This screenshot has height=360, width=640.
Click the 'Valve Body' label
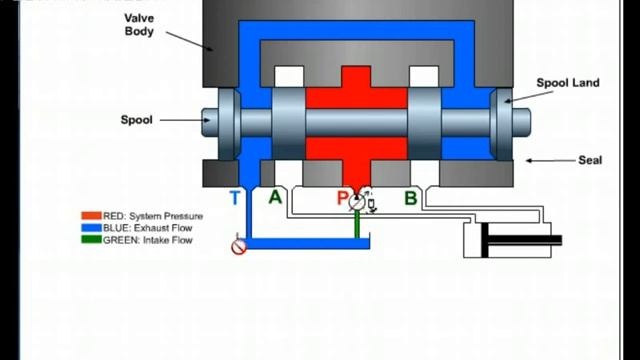139,24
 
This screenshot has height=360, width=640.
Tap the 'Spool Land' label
567,83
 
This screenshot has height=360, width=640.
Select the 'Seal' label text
590,160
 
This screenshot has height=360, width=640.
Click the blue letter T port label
235,198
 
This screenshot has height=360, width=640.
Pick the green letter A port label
275,198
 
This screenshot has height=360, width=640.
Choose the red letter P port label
342,198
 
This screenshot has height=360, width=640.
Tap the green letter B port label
410,198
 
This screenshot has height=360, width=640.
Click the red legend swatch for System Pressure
90,216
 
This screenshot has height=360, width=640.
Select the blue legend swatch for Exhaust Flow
90,228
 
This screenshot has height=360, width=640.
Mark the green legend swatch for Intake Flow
90,240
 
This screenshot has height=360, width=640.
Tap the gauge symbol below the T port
238,246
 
